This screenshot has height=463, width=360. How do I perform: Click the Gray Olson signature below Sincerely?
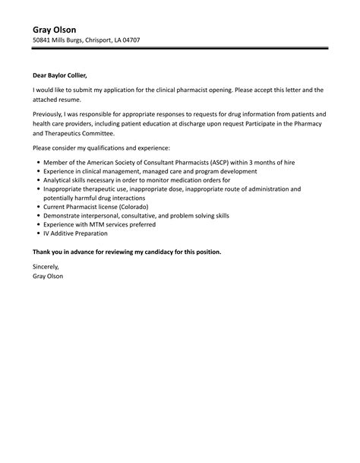point(48,276)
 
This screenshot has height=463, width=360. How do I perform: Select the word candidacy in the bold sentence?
point(158,251)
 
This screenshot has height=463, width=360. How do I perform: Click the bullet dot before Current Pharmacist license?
point(38,207)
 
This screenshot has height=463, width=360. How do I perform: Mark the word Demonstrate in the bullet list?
point(64,215)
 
